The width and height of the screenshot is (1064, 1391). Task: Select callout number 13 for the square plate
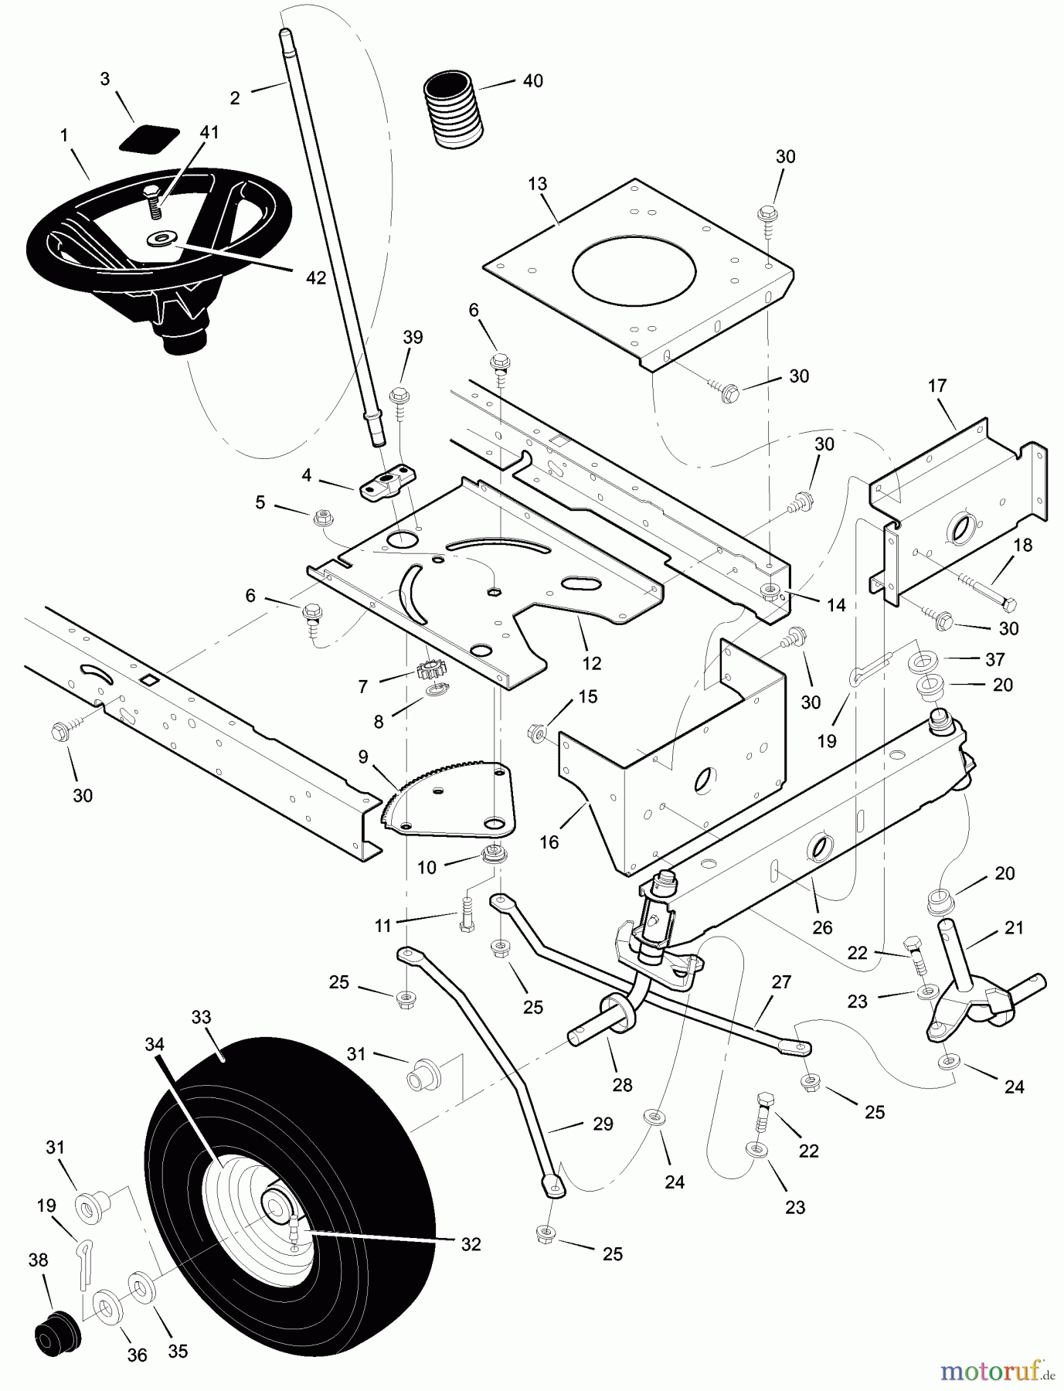[x=538, y=183]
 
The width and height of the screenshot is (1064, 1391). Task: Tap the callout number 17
[x=937, y=386]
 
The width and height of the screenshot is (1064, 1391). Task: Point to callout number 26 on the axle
[x=822, y=927]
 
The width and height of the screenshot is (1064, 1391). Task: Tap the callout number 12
[x=592, y=662]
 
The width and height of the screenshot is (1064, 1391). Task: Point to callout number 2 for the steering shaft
[x=235, y=98]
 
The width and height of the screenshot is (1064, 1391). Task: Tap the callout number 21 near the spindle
[x=1013, y=927]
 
